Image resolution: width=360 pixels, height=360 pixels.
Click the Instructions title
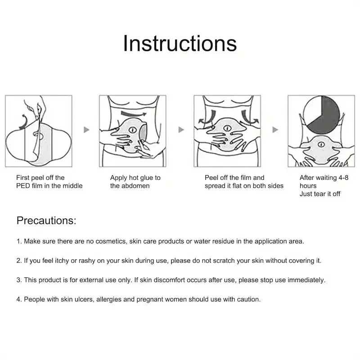click(180, 44)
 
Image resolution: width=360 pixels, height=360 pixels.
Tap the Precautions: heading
click(46, 220)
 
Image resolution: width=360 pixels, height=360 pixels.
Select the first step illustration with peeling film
click(38, 131)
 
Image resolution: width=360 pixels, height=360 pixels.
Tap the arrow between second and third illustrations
click(181, 130)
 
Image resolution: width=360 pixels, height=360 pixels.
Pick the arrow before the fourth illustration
click(275, 130)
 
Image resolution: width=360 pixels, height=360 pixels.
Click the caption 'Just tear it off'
click(320, 194)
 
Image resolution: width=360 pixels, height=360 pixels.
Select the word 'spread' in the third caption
click(215, 186)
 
